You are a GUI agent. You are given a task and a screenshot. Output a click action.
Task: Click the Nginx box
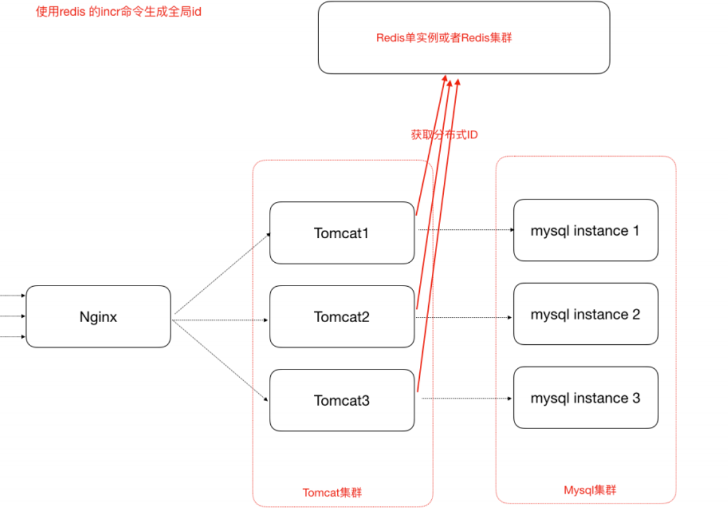98,316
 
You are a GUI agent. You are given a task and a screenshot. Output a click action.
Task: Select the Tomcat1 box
342,233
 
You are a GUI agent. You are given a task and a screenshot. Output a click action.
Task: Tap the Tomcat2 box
342,316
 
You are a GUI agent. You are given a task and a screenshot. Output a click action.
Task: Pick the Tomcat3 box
342,400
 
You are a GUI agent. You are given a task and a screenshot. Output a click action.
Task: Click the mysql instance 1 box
585,231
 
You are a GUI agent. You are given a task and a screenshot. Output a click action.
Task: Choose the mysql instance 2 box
585,314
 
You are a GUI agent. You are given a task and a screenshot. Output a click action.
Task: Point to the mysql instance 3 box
585,398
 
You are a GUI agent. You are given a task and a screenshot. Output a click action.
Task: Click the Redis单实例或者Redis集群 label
444,38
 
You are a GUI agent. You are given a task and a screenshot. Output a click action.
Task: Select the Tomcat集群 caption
332,493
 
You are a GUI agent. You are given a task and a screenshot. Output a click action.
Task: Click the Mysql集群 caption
590,490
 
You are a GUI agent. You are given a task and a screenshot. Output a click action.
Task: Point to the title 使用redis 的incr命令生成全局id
119,12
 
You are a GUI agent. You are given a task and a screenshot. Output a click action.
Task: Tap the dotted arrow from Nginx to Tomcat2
221,320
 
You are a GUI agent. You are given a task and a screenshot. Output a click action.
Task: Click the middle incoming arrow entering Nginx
13,316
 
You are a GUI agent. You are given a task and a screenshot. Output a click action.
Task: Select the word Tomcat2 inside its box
342,316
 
